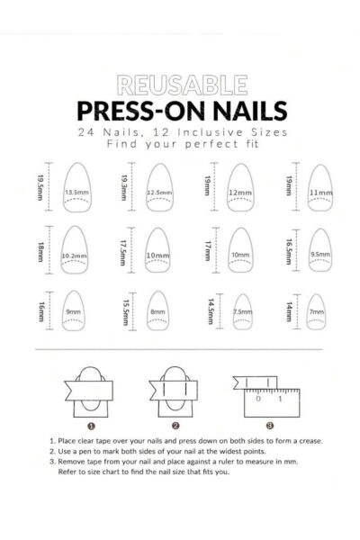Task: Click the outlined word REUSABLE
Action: tap(182, 85)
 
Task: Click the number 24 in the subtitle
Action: tap(85, 132)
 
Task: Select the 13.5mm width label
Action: tap(77, 193)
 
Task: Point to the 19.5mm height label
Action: tap(40, 188)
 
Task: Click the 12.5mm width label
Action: tap(159, 193)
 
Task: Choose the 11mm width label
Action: tap(320, 193)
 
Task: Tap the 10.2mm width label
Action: tap(75, 256)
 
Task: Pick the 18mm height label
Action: tap(40, 252)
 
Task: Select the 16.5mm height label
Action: tap(289, 252)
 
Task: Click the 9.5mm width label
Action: tap(320, 254)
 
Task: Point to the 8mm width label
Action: tap(157, 312)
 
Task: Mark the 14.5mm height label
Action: tap(211, 311)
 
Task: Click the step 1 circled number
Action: tap(91, 426)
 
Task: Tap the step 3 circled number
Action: tap(270, 426)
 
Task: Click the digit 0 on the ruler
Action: tap(258, 399)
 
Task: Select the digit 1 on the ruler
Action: tap(280, 399)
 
